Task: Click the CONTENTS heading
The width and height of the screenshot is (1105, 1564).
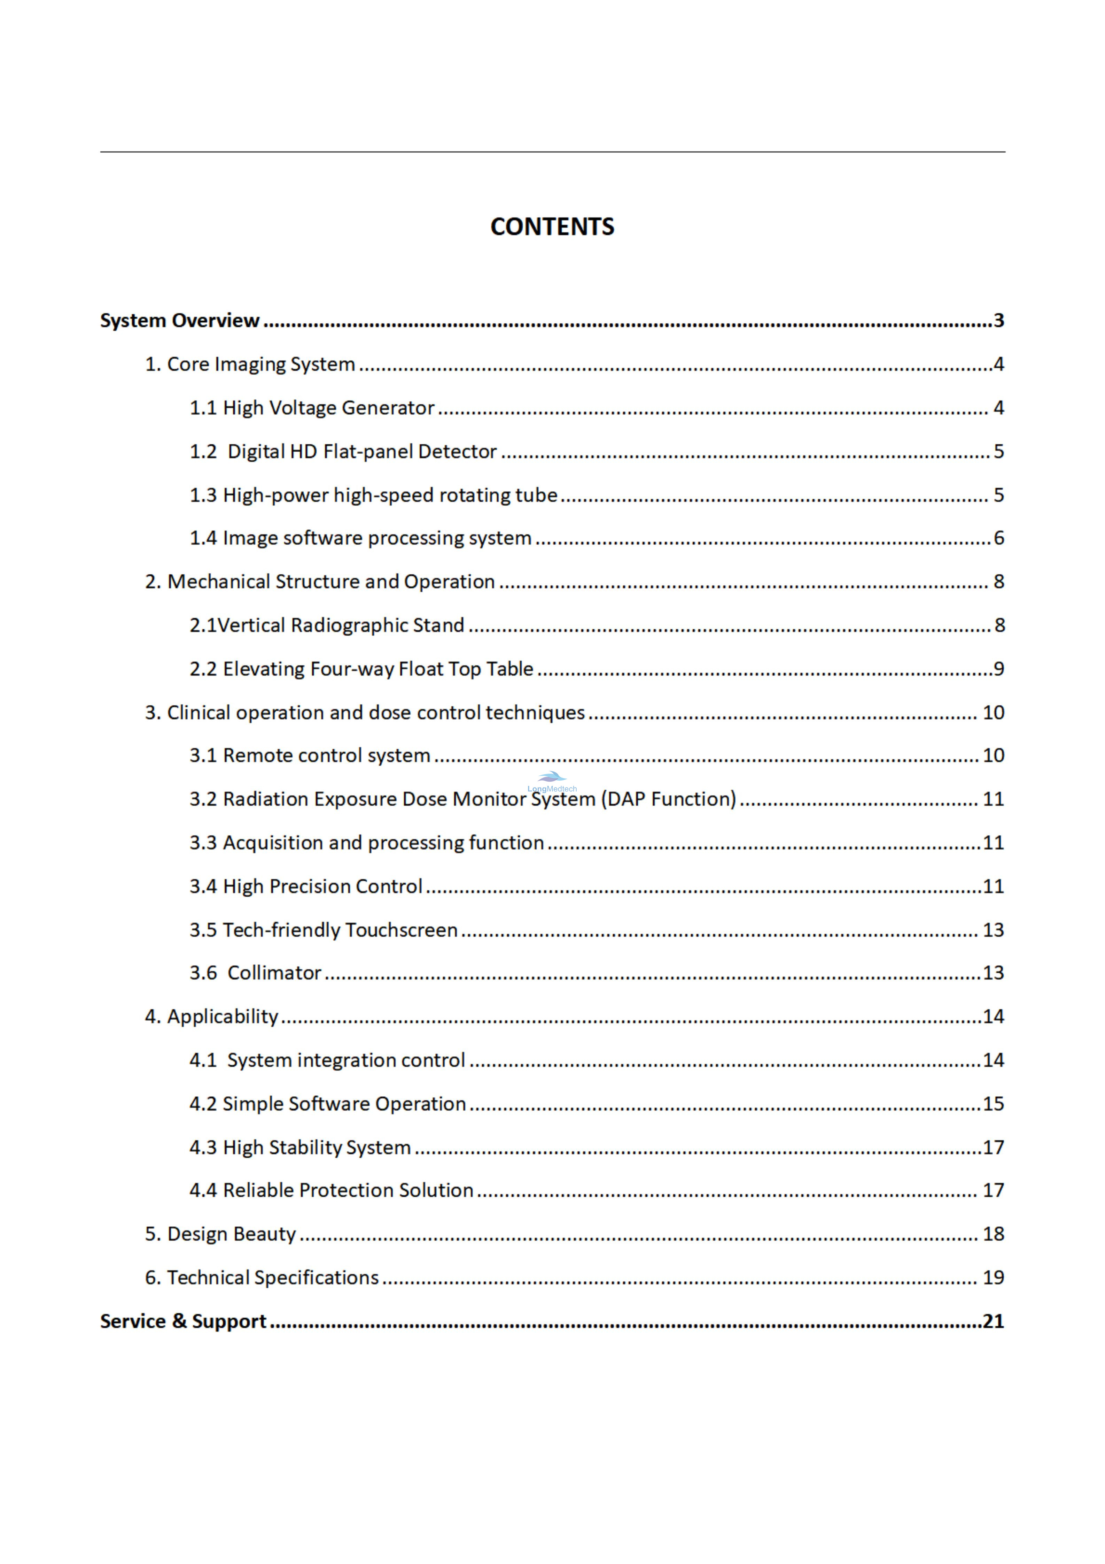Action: click(x=552, y=227)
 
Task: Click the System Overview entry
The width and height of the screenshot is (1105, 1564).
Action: click(x=180, y=320)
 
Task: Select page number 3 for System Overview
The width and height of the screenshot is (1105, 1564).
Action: click(x=999, y=320)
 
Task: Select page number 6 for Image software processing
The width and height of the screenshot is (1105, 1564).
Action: click(x=999, y=538)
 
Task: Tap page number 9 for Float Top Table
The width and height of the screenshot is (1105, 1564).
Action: click(x=999, y=669)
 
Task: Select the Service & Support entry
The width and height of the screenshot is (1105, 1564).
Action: click(x=183, y=1321)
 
